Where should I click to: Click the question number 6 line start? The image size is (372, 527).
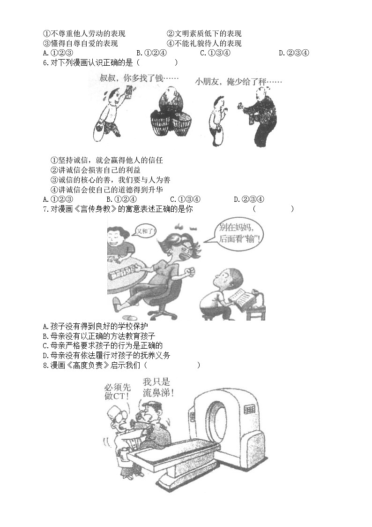click(45, 63)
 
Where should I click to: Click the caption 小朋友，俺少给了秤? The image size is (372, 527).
click(238, 82)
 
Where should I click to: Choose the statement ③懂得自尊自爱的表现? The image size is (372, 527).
click(80, 44)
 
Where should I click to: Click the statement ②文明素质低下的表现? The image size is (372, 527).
click(204, 34)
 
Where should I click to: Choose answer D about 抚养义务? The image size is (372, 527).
click(106, 355)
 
